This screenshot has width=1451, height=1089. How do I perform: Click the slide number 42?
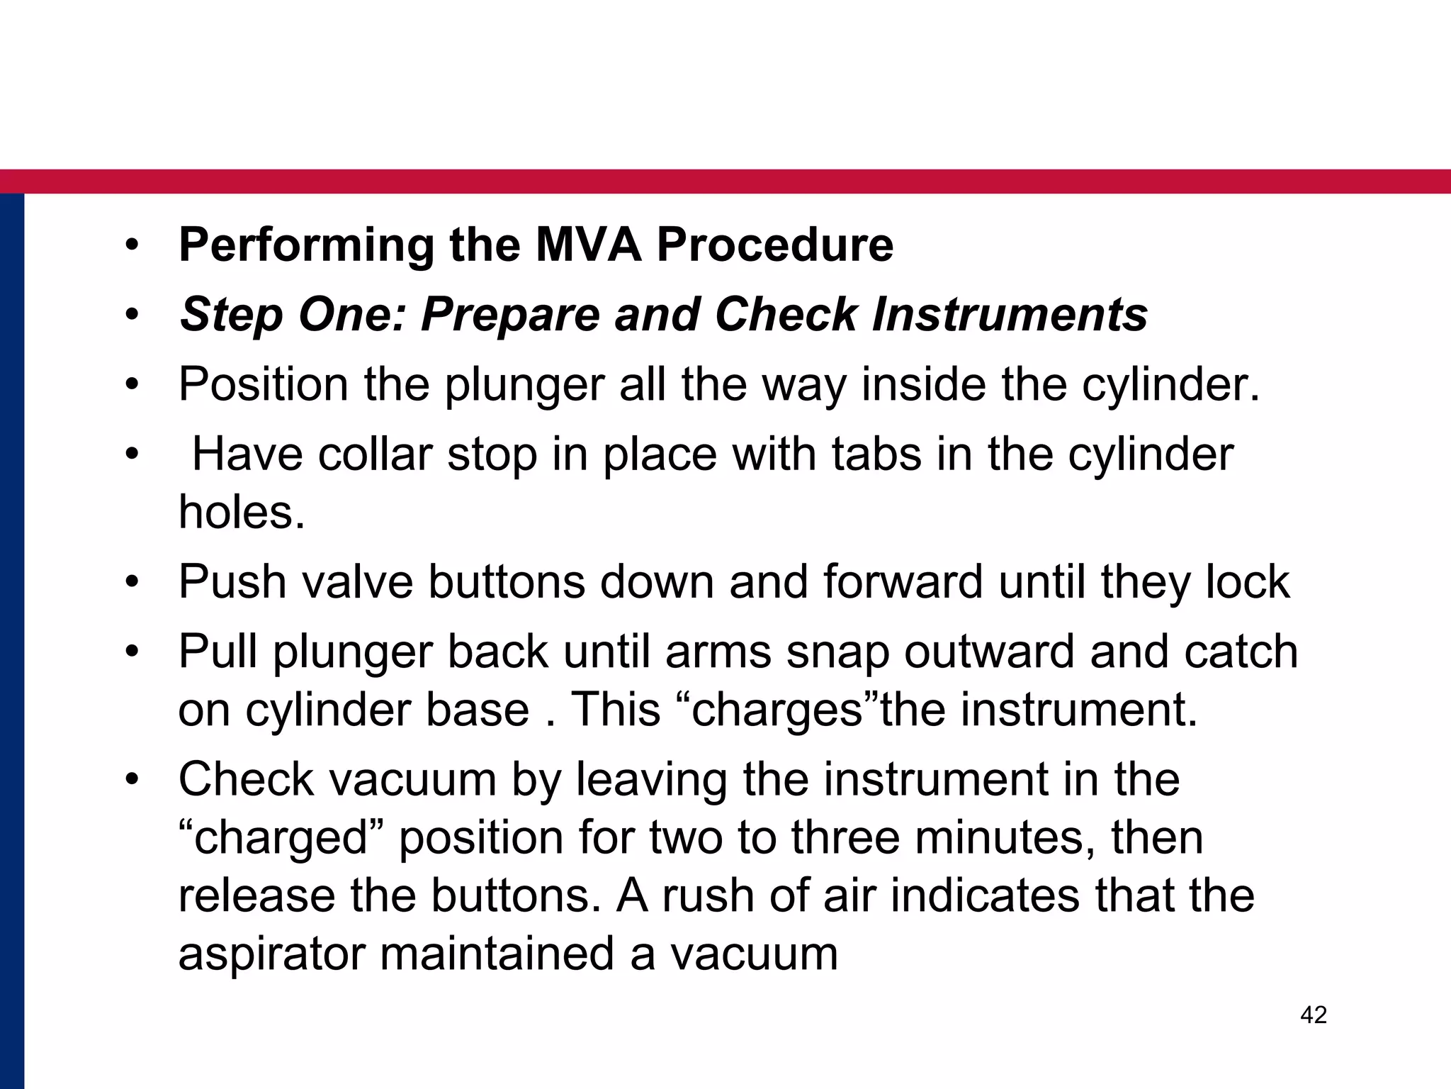(x=1314, y=1015)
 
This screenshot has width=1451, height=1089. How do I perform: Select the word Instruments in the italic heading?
(x=1010, y=314)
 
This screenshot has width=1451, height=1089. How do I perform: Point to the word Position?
(x=264, y=385)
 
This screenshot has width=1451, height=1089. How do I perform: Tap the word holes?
(x=242, y=512)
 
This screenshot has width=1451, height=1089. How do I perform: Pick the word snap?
(x=837, y=652)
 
